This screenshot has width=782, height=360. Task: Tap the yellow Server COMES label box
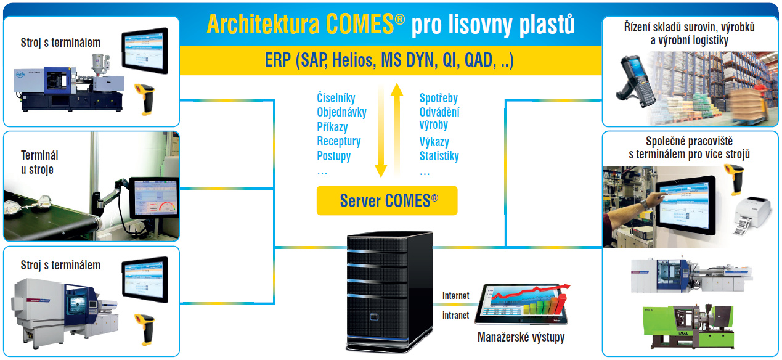pyautogui.click(x=387, y=200)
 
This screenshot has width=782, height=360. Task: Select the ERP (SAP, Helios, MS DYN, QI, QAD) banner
pyautogui.click(x=389, y=60)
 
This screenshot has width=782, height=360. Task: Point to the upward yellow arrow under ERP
pyautogui.click(x=398, y=129)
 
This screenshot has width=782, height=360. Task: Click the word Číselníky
pyautogui.click(x=336, y=98)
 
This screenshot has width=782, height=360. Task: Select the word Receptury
pyautogui.click(x=338, y=141)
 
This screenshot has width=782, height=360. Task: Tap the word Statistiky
pyautogui.click(x=439, y=156)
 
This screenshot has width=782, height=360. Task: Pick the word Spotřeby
pyautogui.click(x=438, y=98)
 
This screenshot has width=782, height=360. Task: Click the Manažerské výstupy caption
pyautogui.click(x=521, y=337)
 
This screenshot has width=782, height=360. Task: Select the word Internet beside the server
pyautogui.click(x=455, y=296)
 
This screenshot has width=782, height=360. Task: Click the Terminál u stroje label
pyautogui.click(x=38, y=163)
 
